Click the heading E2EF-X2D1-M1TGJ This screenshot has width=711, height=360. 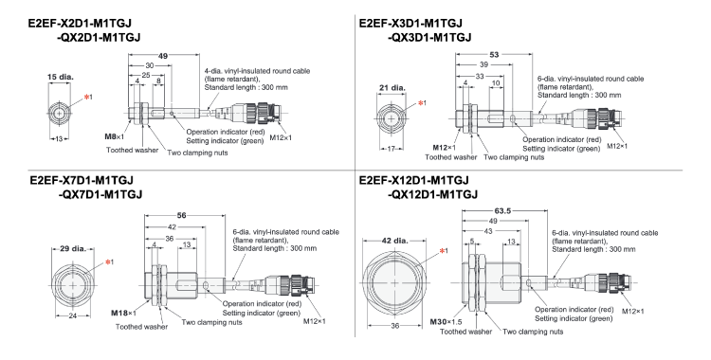click(x=80, y=23)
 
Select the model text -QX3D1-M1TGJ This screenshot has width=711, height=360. click(x=429, y=37)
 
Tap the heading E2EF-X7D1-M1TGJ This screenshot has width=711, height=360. click(x=82, y=180)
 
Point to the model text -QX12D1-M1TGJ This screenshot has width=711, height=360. click(x=432, y=194)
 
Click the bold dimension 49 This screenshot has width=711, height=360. click(x=163, y=56)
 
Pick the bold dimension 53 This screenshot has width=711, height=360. click(x=494, y=54)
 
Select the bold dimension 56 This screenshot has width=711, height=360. click(x=181, y=215)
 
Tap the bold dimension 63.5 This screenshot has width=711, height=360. click(x=501, y=211)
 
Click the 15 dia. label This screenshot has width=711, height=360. click(x=61, y=77)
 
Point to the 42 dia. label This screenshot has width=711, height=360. click(x=394, y=241)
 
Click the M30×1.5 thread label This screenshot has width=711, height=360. click(x=447, y=322)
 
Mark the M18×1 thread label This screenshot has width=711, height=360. click(x=123, y=313)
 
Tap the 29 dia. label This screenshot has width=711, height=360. click(x=73, y=248)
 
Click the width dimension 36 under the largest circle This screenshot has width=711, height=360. click(x=395, y=326)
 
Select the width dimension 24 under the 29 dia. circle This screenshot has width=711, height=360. click(x=73, y=316)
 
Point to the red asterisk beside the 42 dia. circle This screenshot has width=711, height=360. click(x=442, y=250)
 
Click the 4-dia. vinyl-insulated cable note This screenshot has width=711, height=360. click(x=257, y=79)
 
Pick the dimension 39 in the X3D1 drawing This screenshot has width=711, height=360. click(x=483, y=64)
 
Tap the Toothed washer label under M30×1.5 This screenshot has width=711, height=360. click(x=465, y=332)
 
